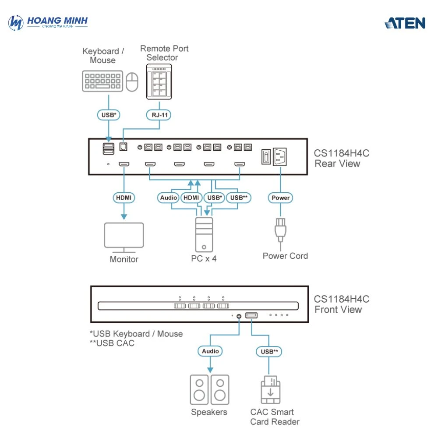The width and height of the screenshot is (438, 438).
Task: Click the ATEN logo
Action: pos(405,23)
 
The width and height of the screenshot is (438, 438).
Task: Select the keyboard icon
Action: pos(102,81)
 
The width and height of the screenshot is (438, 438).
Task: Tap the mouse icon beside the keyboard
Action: pos(132,82)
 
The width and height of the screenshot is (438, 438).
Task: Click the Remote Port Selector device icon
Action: pos(159,81)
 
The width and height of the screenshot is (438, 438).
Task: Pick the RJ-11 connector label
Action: pos(158,115)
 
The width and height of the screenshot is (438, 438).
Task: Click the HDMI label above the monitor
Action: pos(124,198)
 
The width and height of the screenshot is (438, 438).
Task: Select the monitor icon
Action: pos(124,237)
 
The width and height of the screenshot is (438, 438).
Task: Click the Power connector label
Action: pos(280,198)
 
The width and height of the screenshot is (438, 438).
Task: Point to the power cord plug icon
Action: pos(280,230)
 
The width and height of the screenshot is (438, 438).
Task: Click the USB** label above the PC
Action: pos(239,198)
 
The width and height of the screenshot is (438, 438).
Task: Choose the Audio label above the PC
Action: pos(169,198)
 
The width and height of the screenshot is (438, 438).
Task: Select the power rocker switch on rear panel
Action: pos(265,157)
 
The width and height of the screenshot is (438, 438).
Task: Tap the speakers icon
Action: pos(209,389)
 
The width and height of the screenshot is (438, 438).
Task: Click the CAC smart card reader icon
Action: pos(270,389)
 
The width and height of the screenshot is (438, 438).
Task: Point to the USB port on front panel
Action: pos(251,315)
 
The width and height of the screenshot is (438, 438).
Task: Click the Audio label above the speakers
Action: pos(210,351)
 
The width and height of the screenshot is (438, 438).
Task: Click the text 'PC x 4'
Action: pos(204,258)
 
